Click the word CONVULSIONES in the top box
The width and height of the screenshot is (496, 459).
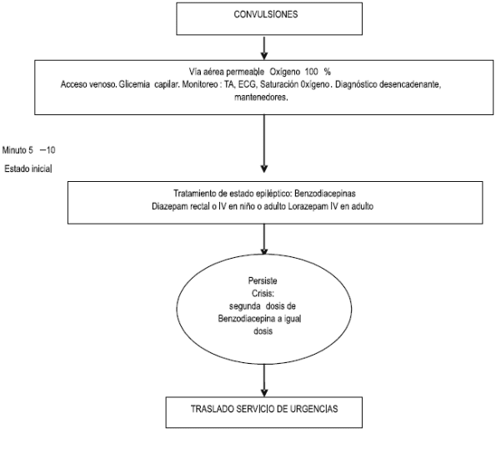coord(266,14)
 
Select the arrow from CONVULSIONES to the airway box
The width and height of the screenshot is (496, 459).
coord(264,48)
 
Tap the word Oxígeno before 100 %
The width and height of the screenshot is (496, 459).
coord(285,73)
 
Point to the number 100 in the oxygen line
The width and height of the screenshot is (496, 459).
coord(311,72)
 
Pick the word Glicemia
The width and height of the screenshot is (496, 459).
coord(134,84)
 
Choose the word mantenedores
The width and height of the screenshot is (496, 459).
coord(261,98)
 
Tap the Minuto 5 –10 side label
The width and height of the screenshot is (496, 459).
coord(29,150)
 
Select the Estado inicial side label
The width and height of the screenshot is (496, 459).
coord(28,169)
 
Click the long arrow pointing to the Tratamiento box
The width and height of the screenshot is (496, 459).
coord(264,144)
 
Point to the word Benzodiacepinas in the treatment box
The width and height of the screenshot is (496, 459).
coord(325,194)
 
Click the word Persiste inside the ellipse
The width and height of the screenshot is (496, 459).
coord(263,281)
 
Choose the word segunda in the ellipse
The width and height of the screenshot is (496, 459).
coord(244,306)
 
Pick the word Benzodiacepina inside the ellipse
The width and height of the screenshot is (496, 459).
coord(247,319)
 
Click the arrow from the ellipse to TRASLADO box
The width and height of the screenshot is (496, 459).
coord(264,380)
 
